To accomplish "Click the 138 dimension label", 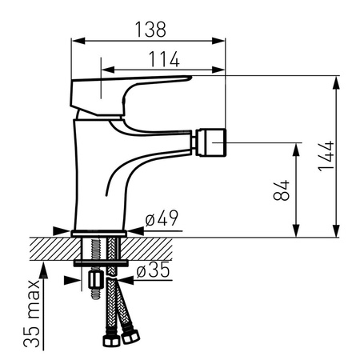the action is pyautogui.click(x=150, y=29).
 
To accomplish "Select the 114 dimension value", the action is pyautogui.click(x=164, y=59).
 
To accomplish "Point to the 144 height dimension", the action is pyautogui.click(x=326, y=156).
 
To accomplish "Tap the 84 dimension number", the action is pyautogui.click(x=282, y=190).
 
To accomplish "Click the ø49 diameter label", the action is pyautogui.click(x=162, y=218).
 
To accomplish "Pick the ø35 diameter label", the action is pyautogui.click(x=153, y=270).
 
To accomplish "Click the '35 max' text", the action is pyautogui.click(x=32, y=314).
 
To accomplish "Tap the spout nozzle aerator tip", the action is pyautogui.click(x=211, y=142).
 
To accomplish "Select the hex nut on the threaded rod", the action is pyautogui.click(x=96, y=279).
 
